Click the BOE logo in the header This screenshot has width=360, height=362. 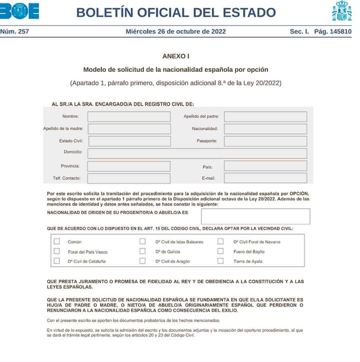[x=20, y=11]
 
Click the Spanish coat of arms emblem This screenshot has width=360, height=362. [x=342, y=11]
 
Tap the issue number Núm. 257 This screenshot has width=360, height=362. [x=14, y=31]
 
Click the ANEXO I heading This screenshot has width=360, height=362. [x=176, y=56]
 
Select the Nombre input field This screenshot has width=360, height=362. [x=129, y=117]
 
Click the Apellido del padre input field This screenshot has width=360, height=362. [x=265, y=117]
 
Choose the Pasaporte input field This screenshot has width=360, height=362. [x=265, y=141]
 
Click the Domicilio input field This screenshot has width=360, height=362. [x=197, y=153]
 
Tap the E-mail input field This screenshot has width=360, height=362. [x=265, y=178]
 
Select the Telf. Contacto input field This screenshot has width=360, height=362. [x=129, y=178]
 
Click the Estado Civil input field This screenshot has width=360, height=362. [x=129, y=141]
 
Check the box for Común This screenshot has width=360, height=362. [x=56, y=242]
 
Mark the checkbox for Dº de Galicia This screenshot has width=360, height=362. [x=142, y=251]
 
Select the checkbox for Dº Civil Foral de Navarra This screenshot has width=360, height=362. [x=220, y=242]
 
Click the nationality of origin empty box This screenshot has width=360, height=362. [x=255, y=216]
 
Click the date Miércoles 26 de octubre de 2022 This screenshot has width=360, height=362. [x=176, y=31]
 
